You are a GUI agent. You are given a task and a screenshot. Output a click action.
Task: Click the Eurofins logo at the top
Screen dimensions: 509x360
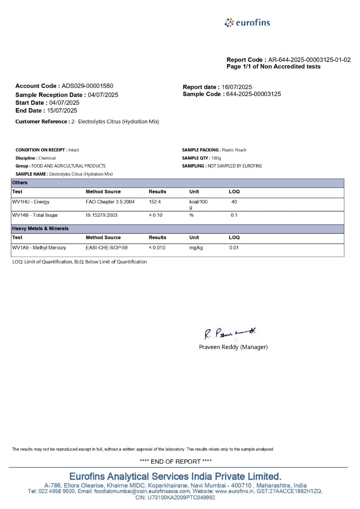coord(247,22)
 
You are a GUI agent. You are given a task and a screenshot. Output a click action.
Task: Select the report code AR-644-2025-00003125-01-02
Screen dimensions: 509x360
coord(309,60)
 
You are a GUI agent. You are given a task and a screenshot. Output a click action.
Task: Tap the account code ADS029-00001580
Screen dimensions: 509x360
coord(87,86)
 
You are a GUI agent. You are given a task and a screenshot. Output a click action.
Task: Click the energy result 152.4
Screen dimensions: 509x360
coord(155,202)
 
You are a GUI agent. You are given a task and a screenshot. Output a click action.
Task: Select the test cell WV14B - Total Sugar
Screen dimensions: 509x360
coord(35,215)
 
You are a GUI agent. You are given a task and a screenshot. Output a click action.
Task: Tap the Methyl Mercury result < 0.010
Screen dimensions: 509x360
coord(157,248)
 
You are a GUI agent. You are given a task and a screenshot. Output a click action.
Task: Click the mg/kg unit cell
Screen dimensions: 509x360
coord(196,248)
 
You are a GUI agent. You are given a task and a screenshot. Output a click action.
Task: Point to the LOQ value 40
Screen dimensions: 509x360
coord(234,202)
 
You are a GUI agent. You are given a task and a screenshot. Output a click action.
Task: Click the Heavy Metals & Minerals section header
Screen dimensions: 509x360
coord(40,229)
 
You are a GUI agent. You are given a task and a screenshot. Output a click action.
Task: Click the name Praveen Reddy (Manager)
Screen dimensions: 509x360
coord(233,347)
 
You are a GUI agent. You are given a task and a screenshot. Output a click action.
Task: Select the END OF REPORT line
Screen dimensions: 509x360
coord(176,461)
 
